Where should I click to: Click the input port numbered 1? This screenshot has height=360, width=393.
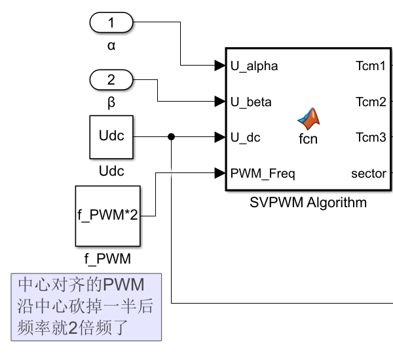(111, 23)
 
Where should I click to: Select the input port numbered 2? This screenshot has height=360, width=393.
(111, 80)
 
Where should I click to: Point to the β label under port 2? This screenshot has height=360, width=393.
(111, 103)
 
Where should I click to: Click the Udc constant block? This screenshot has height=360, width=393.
(111, 137)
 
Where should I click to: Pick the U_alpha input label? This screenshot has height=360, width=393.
(254, 66)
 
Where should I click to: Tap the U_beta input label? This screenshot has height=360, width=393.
(251, 102)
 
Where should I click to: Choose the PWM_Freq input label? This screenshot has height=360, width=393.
(263, 174)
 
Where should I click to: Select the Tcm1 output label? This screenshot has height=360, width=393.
(371, 66)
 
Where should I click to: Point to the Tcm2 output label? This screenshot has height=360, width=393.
(371, 102)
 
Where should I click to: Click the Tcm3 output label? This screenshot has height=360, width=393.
(371, 137)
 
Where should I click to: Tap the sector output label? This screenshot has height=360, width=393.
(369, 174)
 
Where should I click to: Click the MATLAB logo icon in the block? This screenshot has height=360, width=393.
(308, 118)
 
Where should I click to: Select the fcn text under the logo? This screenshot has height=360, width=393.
(308, 139)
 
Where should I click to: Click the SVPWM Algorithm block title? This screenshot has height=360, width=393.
(308, 203)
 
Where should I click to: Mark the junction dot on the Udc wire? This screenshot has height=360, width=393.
(171, 137)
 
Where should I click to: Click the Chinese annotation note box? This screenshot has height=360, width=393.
(86, 306)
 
